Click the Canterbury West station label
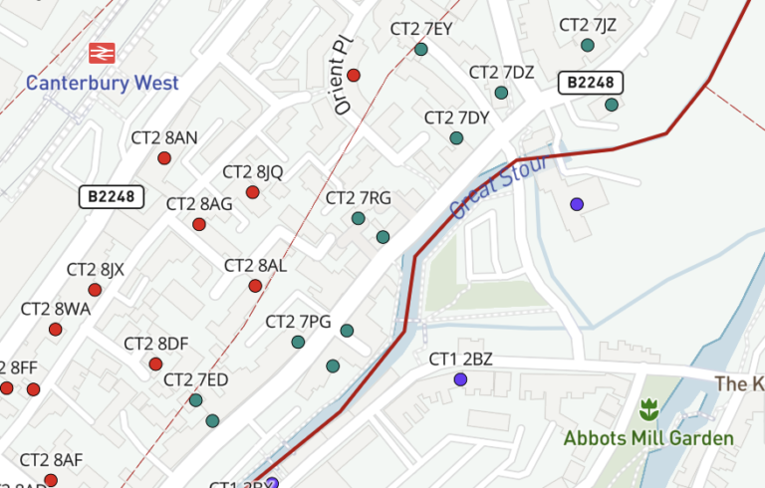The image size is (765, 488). click(x=103, y=83)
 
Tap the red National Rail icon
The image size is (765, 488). click(x=101, y=53)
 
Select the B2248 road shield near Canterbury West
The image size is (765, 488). click(x=112, y=197)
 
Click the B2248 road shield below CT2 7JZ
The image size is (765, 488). click(x=590, y=83)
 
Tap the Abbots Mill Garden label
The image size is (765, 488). click(x=648, y=438)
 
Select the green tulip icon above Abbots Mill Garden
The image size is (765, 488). click(x=648, y=407)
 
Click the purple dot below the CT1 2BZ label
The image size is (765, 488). click(x=460, y=379)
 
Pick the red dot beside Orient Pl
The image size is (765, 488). click(x=354, y=75)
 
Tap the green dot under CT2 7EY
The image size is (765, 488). click(x=421, y=49)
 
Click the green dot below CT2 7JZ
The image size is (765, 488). click(x=588, y=45)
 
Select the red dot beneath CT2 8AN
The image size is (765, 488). click(x=164, y=158)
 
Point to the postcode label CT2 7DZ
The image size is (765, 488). click(x=502, y=73)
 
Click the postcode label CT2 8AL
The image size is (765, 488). click(x=255, y=266)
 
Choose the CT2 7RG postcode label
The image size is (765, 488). click(x=359, y=198)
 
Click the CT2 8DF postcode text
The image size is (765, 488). click(x=156, y=344)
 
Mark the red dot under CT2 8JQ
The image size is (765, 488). click(x=253, y=192)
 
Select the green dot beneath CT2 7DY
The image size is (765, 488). click(x=456, y=138)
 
